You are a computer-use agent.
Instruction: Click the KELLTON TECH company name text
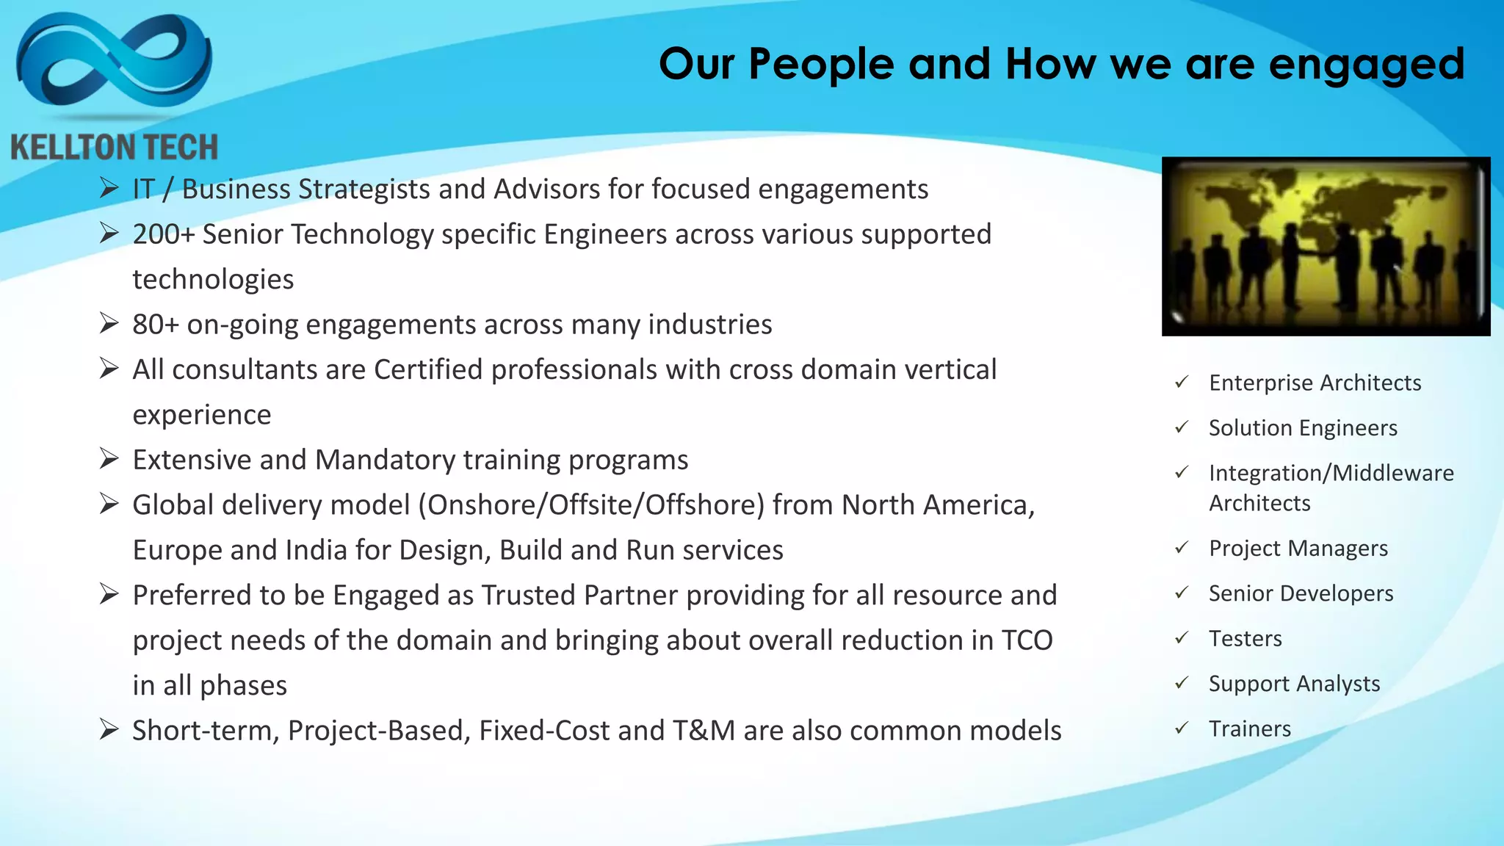click(x=115, y=148)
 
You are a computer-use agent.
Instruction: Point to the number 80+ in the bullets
click(x=155, y=325)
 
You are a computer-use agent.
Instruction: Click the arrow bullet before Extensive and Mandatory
click(x=109, y=460)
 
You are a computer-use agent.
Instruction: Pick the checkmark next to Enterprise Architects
click(x=1182, y=383)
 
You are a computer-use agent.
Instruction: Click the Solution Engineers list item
click(x=1303, y=428)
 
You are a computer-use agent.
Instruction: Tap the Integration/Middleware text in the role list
click(x=1331, y=473)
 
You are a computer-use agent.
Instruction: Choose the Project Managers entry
click(x=1298, y=549)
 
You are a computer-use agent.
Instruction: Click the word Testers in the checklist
click(x=1245, y=639)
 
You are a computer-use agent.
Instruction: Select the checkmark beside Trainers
click(x=1182, y=728)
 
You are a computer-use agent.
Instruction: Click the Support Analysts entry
click(x=1294, y=684)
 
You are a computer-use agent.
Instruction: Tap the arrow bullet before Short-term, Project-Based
click(x=109, y=730)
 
